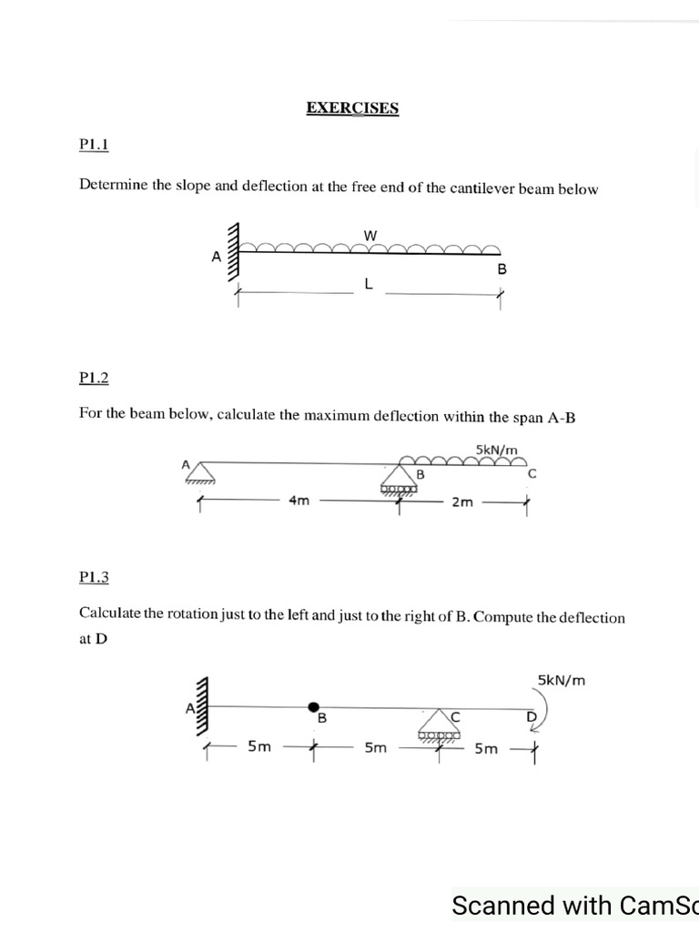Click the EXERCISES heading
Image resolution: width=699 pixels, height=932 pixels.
click(352, 108)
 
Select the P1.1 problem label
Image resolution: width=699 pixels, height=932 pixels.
click(94, 144)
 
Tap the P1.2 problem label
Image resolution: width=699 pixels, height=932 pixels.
click(94, 377)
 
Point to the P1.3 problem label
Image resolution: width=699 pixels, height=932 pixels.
click(94, 576)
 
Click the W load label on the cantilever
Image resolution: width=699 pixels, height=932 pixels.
click(370, 236)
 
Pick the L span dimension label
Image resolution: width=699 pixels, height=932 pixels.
click(368, 284)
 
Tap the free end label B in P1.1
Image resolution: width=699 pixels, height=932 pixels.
click(501, 269)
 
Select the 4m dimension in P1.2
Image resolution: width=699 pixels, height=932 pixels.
click(299, 501)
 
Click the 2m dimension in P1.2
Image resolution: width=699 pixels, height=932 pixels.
click(462, 501)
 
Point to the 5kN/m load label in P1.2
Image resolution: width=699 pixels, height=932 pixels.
click(496, 449)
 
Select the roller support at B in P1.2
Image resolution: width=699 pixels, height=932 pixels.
click(399, 481)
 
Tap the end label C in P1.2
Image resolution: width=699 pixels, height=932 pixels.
click(532, 473)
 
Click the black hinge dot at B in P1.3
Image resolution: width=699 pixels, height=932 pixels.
click(314, 706)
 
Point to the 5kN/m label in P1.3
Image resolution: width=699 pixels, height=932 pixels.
click(561, 679)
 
